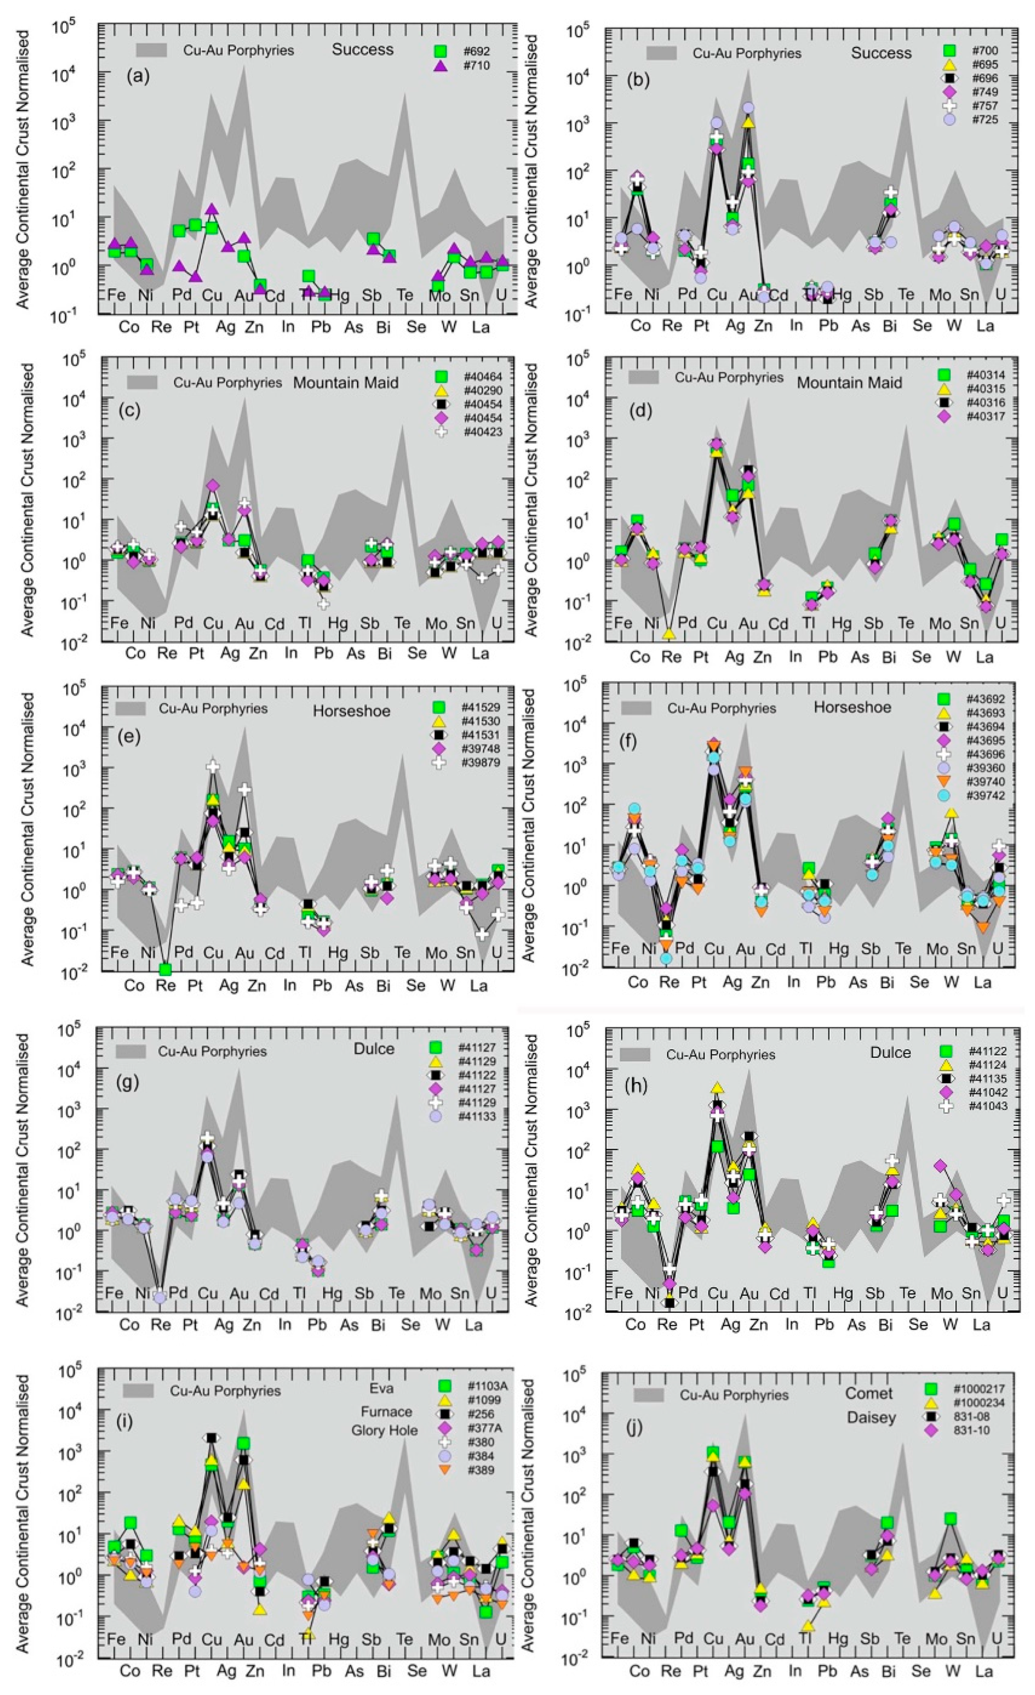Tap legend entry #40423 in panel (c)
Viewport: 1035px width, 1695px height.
coord(481,432)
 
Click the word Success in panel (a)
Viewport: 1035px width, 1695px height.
coord(362,50)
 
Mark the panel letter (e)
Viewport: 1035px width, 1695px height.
coord(129,737)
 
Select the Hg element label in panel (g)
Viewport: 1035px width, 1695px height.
coord(332,1294)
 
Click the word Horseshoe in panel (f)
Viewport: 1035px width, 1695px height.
coord(852,707)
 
